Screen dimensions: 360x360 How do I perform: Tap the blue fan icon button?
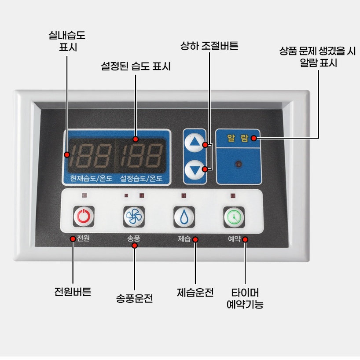point(134,217)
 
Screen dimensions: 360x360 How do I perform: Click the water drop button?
point(184,217)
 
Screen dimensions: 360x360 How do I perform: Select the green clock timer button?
point(234,217)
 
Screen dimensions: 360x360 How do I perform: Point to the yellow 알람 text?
point(238,138)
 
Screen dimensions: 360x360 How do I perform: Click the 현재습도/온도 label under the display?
point(91,178)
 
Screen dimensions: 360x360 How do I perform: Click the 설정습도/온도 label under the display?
point(141,178)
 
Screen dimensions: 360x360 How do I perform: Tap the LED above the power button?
point(84,195)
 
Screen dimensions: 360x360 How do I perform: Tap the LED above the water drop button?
point(184,195)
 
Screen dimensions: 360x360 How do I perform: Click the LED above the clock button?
point(233,196)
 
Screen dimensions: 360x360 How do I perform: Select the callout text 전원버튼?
point(73,292)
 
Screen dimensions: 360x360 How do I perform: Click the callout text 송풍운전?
point(134,298)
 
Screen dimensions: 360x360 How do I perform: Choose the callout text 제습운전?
point(195,292)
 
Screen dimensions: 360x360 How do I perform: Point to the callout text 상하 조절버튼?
point(209,46)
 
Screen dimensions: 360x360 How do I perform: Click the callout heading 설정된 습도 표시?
point(136,66)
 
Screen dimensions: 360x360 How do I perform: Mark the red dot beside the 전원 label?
point(73,239)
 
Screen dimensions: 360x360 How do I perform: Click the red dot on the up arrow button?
point(206,145)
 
